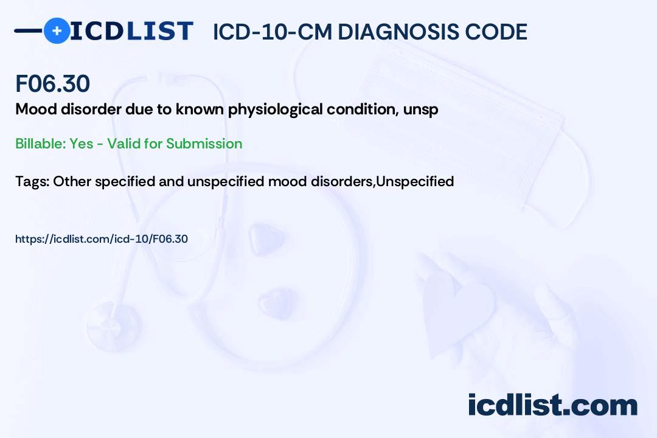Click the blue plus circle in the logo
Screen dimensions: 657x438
(x=57, y=31)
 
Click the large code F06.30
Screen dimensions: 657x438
(x=52, y=83)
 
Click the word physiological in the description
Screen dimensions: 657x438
(x=276, y=110)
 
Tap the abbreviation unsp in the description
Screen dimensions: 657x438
(x=421, y=110)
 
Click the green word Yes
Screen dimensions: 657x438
(x=82, y=144)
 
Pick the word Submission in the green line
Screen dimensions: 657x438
(x=204, y=144)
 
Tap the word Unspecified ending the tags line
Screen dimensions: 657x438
(x=415, y=181)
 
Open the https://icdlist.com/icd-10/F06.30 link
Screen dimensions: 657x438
(x=102, y=239)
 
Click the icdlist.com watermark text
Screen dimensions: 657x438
(x=552, y=405)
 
